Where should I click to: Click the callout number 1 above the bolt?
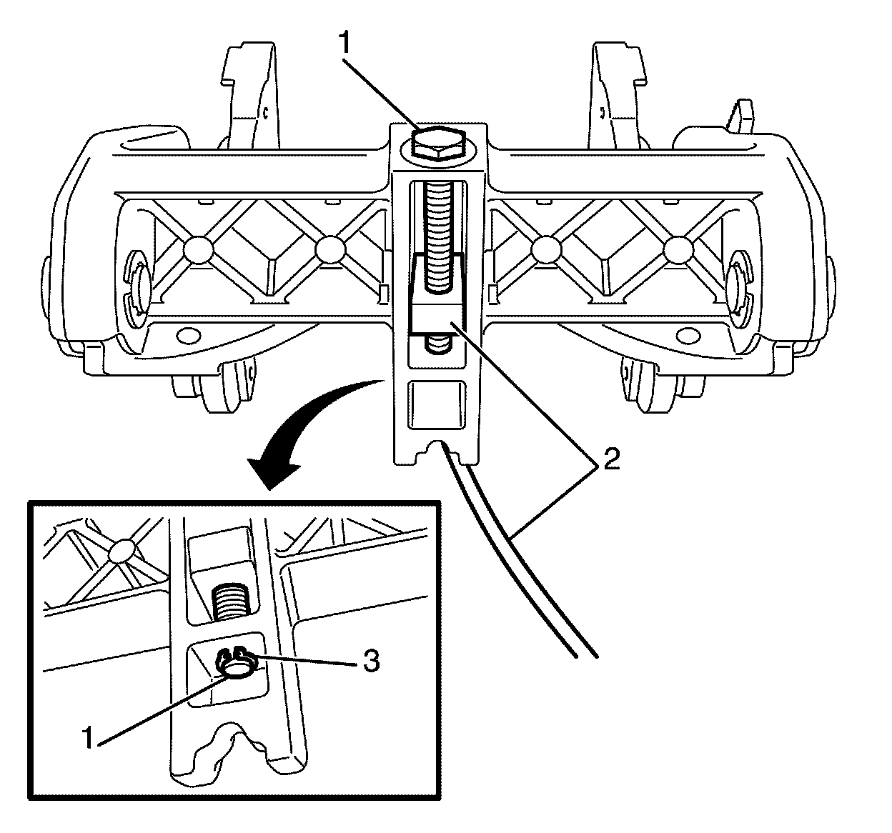[x=345, y=44]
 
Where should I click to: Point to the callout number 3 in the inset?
[x=370, y=662]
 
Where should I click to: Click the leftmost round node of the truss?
[x=198, y=249]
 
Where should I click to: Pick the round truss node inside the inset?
[x=122, y=550]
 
